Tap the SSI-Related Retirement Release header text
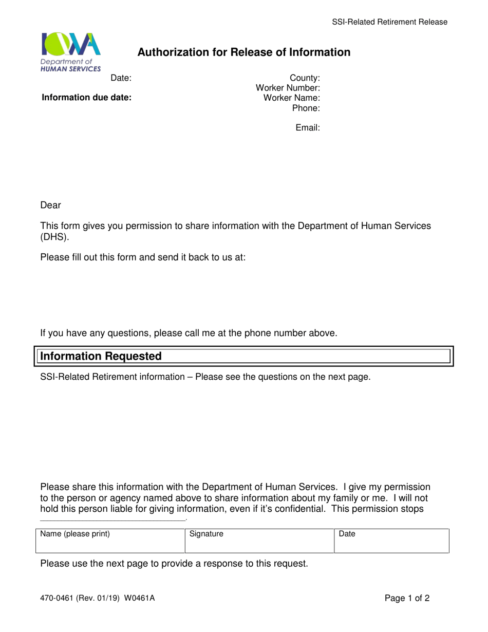pyautogui.click(x=389, y=22)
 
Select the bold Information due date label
pyautogui.click(x=86, y=98)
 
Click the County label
pyautogui.click(x=305, y=78)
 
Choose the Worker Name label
pyautogui.click(x=291, y=98)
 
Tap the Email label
pyautogui.click(x=308, y=127)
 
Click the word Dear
pyautogui.click(x=50, y=206)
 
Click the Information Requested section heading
pyautogui.click(x=101, y=356)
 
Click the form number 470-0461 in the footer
pyautogui.click(x=57, y=598)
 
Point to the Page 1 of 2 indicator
pyautogui.click(x=407, y=598)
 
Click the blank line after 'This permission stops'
pyautogui.click(x=112, y=519)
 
